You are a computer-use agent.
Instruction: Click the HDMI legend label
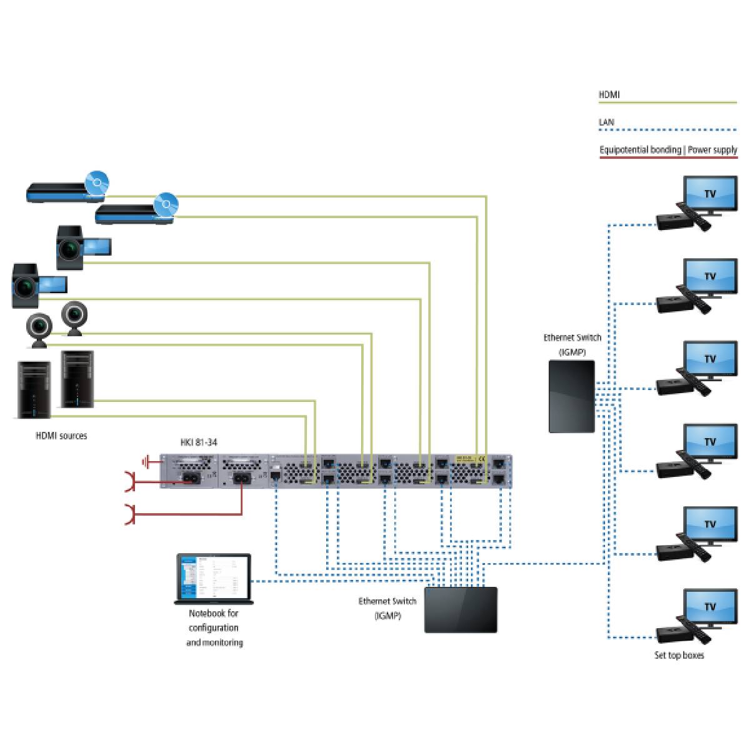coord(609,95)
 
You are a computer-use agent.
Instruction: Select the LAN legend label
coord(606,122)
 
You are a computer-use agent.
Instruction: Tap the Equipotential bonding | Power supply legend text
coord(668,150)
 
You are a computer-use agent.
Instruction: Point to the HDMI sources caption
coord(61,436)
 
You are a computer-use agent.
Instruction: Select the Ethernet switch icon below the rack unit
coord(461,609)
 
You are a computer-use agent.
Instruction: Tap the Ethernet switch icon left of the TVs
coord(571,396)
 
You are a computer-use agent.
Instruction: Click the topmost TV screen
coord(709,195)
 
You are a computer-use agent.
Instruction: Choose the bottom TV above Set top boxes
coord(709,607)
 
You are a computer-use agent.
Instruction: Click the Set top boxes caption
coord(679,656)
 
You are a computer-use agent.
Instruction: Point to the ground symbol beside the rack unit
coord(147,463)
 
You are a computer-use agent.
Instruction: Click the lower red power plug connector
coord(130,514)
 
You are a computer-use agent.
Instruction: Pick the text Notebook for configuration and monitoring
coord(214,627)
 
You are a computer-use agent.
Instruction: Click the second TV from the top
coord(709,277)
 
